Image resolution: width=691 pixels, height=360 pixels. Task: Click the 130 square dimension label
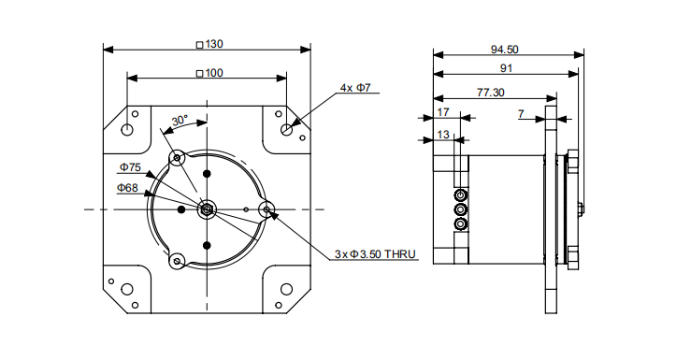[209, 44]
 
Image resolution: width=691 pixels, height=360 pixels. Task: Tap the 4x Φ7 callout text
[355, 88]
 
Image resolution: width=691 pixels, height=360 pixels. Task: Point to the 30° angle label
[180, 121]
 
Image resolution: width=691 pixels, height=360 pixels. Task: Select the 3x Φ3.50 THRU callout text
[375, 254]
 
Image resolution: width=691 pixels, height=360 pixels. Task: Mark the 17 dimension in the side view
[443, 112]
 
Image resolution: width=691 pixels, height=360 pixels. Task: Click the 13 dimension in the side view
[443, 135]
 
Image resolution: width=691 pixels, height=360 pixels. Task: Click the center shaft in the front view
[207, 209]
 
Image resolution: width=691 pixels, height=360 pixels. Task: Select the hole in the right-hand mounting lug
[266, 209]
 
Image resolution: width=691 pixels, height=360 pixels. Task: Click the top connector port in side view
[460, 194]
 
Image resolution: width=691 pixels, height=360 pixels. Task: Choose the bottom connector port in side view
[460, 225]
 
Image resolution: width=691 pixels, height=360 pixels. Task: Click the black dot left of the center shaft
[181, 209]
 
